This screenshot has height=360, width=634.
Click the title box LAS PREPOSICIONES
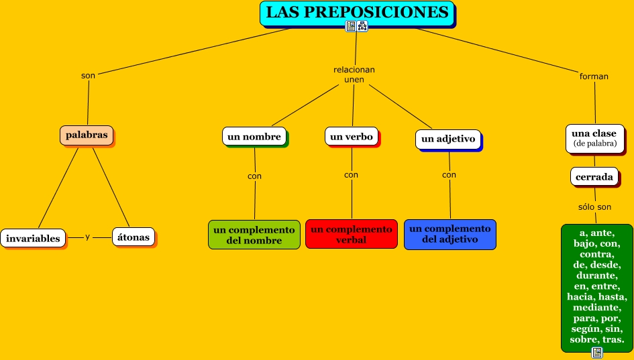357,13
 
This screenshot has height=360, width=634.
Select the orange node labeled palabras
87,135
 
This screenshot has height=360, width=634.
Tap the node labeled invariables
33,238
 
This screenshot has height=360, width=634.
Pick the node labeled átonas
133,237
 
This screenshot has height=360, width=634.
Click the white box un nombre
254,136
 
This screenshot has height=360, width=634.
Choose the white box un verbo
352,136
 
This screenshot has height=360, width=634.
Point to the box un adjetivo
448,139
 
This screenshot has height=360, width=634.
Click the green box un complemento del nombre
254,235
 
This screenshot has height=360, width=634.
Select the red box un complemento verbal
352,234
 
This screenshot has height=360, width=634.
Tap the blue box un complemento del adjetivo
450,234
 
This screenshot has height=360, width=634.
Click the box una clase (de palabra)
594,137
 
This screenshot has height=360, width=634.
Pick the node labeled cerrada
594,177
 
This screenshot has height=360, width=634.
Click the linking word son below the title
88,75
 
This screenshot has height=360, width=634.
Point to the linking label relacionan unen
354,74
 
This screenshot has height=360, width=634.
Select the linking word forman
594,76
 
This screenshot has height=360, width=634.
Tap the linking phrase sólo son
594,207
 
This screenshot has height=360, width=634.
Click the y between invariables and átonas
88,237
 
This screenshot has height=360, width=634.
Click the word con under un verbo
351,175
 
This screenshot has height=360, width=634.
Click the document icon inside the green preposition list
596,352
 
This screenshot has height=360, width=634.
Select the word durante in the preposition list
596,276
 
